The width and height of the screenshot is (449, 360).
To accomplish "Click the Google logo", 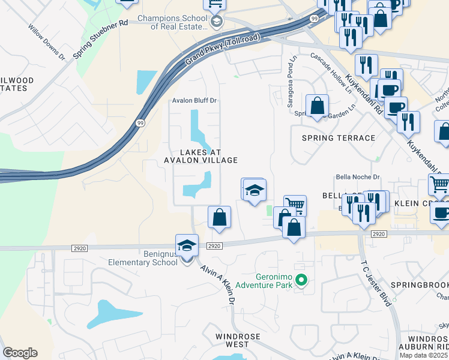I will tap(20, 353).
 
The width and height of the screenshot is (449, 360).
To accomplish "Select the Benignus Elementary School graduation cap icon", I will tap(187, 245).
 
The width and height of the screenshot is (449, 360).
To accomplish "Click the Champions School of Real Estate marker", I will tap(217, 22).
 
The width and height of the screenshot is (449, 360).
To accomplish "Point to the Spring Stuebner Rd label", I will tap(101, 40).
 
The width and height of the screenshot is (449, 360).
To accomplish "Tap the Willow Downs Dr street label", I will tap(46, 41).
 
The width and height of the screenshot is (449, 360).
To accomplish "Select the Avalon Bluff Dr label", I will tap(194, 101).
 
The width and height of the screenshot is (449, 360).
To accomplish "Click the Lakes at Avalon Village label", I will tap(201, 156).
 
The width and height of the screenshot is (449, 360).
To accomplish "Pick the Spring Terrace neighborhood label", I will tap(338, 138).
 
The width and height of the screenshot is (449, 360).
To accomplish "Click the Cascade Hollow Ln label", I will tap(331, 73).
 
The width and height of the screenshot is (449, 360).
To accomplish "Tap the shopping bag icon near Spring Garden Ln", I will tap(317, 106).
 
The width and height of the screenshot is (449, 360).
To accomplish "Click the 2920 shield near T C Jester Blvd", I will tap(378, 234).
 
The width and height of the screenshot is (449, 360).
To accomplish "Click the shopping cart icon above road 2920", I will tap(294, 205).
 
